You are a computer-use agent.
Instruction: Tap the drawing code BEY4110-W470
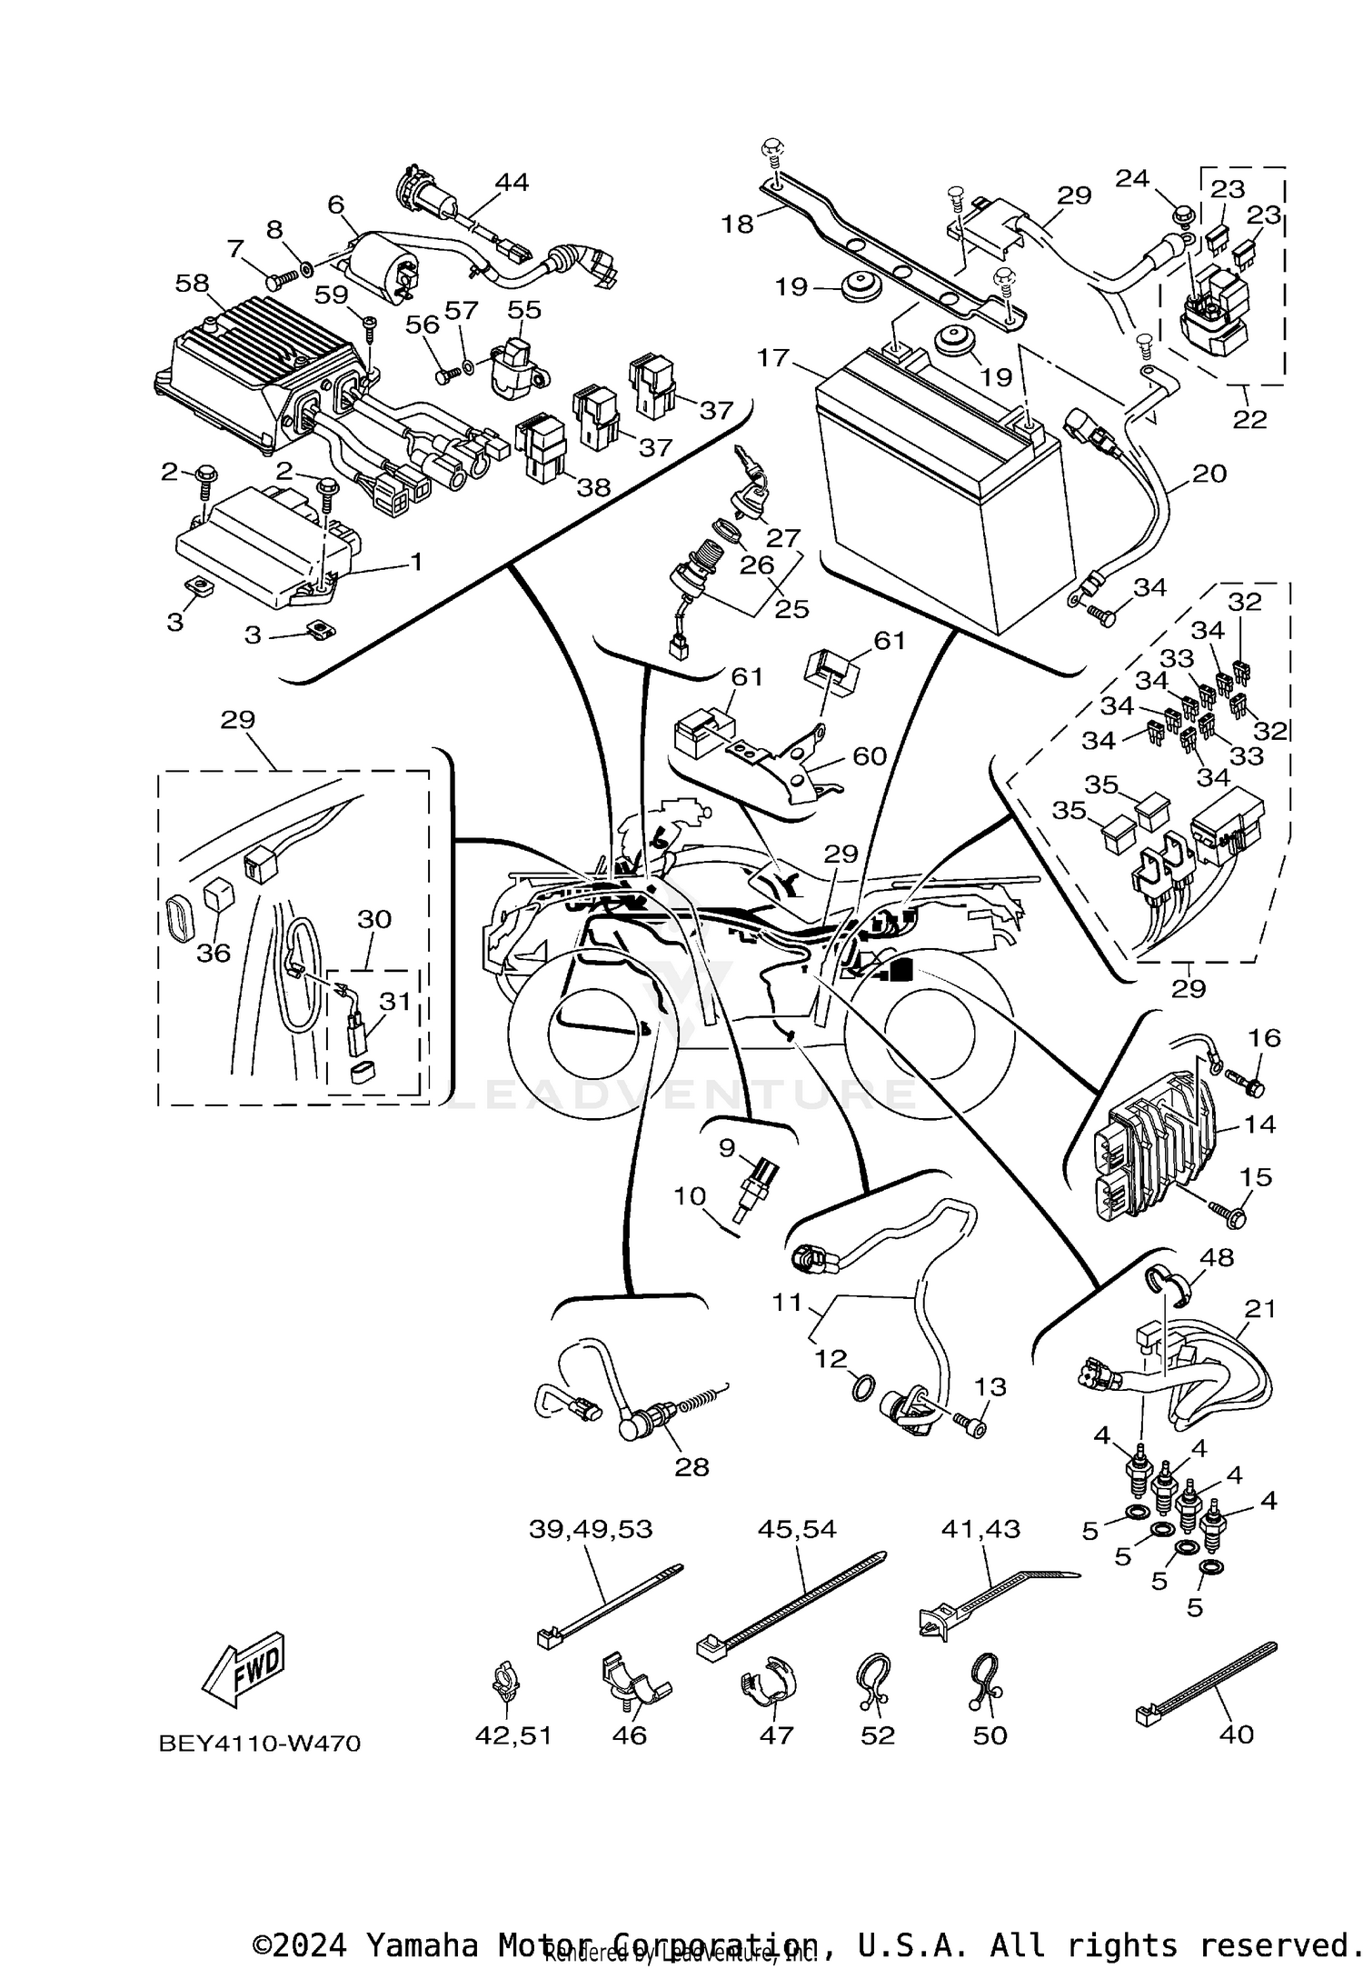pos(259,1743)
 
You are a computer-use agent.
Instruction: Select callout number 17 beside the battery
pos(773,358)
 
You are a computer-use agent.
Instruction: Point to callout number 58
pos(192,283)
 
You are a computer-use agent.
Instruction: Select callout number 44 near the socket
pos(512,182)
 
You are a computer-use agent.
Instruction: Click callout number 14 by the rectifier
pos(1259,1124)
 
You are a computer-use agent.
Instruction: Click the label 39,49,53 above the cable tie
pos(591,1529)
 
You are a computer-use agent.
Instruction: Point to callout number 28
pos(691,1466)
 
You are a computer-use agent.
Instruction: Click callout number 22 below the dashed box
pos(1249,419)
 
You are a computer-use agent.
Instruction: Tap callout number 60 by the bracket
pos(869,755)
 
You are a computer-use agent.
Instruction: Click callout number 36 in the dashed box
pos(214,953)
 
